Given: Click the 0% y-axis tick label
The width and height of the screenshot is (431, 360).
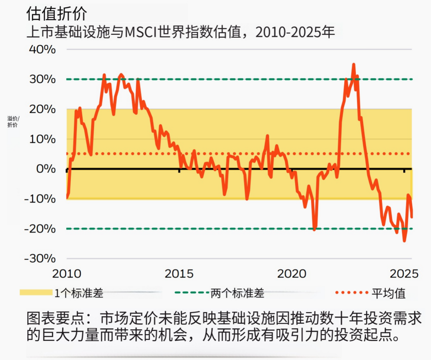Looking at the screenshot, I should click(x=45, y=169).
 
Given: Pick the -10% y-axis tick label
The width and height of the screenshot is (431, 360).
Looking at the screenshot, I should click(x=40, y=199).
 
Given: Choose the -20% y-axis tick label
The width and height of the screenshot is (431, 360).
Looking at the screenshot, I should click(x=40, y=229).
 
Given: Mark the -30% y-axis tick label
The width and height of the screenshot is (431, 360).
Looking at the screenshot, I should click(x=40, y=258).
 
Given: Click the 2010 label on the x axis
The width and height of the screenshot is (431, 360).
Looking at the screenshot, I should click(x=67, y=273).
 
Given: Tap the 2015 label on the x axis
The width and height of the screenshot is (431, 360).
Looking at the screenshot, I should click(x=179, y=273).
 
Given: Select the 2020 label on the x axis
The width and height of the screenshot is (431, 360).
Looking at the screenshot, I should click(x=292, y=273).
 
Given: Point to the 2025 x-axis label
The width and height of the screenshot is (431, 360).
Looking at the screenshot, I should click(x=404, y=273).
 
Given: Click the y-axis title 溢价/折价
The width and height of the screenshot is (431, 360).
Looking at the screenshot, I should click(x=13, y=122).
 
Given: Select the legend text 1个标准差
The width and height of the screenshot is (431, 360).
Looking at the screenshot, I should click(x=79, y=293).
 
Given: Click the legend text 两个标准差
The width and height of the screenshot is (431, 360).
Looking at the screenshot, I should click(x=237, y=293).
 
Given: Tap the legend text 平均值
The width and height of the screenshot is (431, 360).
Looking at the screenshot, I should click(x=388, y=293).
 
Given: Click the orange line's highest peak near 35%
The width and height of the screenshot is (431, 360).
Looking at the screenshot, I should click(x=354, y=64).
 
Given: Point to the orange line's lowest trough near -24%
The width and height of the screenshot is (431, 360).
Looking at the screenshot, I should click(x=404, y=241).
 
